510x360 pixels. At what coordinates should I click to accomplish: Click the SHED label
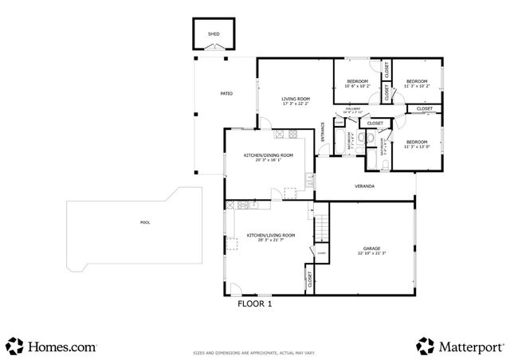pyautogui.click(x=214, y=35)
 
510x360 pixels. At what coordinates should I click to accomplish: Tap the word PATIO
pyautogui.click(x=226, y=94)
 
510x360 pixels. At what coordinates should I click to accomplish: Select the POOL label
pyautogui.click(x=144, y=222)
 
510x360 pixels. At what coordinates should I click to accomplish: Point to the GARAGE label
pyautogui.click(x=371, y=249)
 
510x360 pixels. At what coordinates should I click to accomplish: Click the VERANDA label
pyautogui.click(x=365, y=186)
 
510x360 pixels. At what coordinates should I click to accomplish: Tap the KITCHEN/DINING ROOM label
pyautogui.click(x=269, y=155)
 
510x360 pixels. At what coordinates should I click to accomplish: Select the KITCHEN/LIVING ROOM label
pyautogui.click(x=271, y=236)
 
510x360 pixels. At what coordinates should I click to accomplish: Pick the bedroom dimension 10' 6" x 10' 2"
pyautogui.click(x=357, y=85)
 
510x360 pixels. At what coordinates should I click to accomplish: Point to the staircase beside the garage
pyautogui.click(x=320, y=226)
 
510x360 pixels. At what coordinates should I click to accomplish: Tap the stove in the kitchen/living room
pyautogui.click(x=229, y=205)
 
